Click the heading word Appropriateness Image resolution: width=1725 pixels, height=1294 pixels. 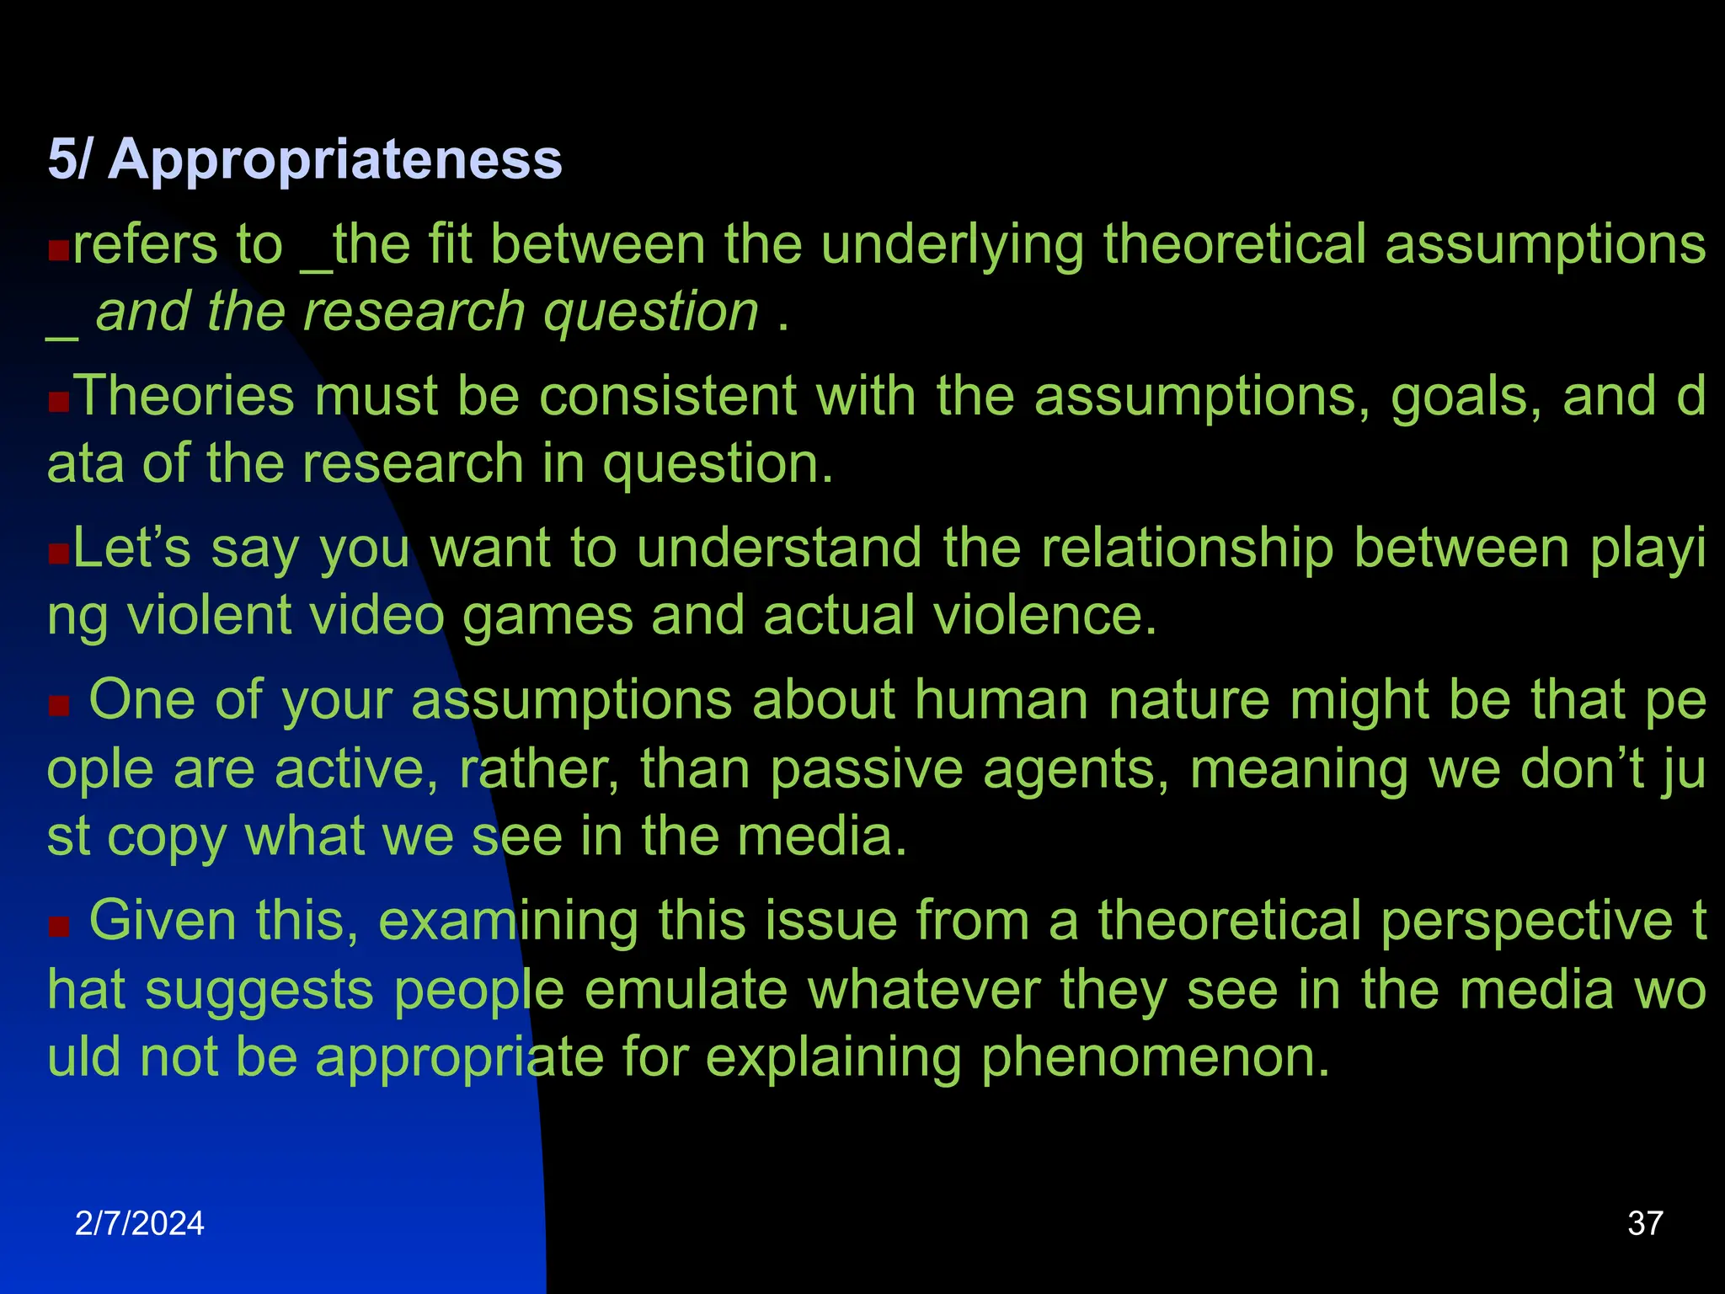(x=334, y=159)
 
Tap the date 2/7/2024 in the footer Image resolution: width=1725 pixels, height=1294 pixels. (x=139, y=1223)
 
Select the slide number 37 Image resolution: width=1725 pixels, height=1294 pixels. (x=1645, y=1223)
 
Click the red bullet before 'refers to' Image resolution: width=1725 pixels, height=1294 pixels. (x=58, y=250)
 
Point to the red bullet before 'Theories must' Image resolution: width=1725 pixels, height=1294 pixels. (x=58, y=402)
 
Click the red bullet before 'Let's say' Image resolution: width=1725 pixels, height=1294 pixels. (x=58, y=553)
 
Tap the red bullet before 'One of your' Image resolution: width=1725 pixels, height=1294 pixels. (x=58, y=705)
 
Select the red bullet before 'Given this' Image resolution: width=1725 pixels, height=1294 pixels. (x=58, y=926)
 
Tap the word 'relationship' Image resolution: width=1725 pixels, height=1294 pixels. (x=1188, y=548)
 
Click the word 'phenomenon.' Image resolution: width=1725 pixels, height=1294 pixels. (x=1155, y=1058)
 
